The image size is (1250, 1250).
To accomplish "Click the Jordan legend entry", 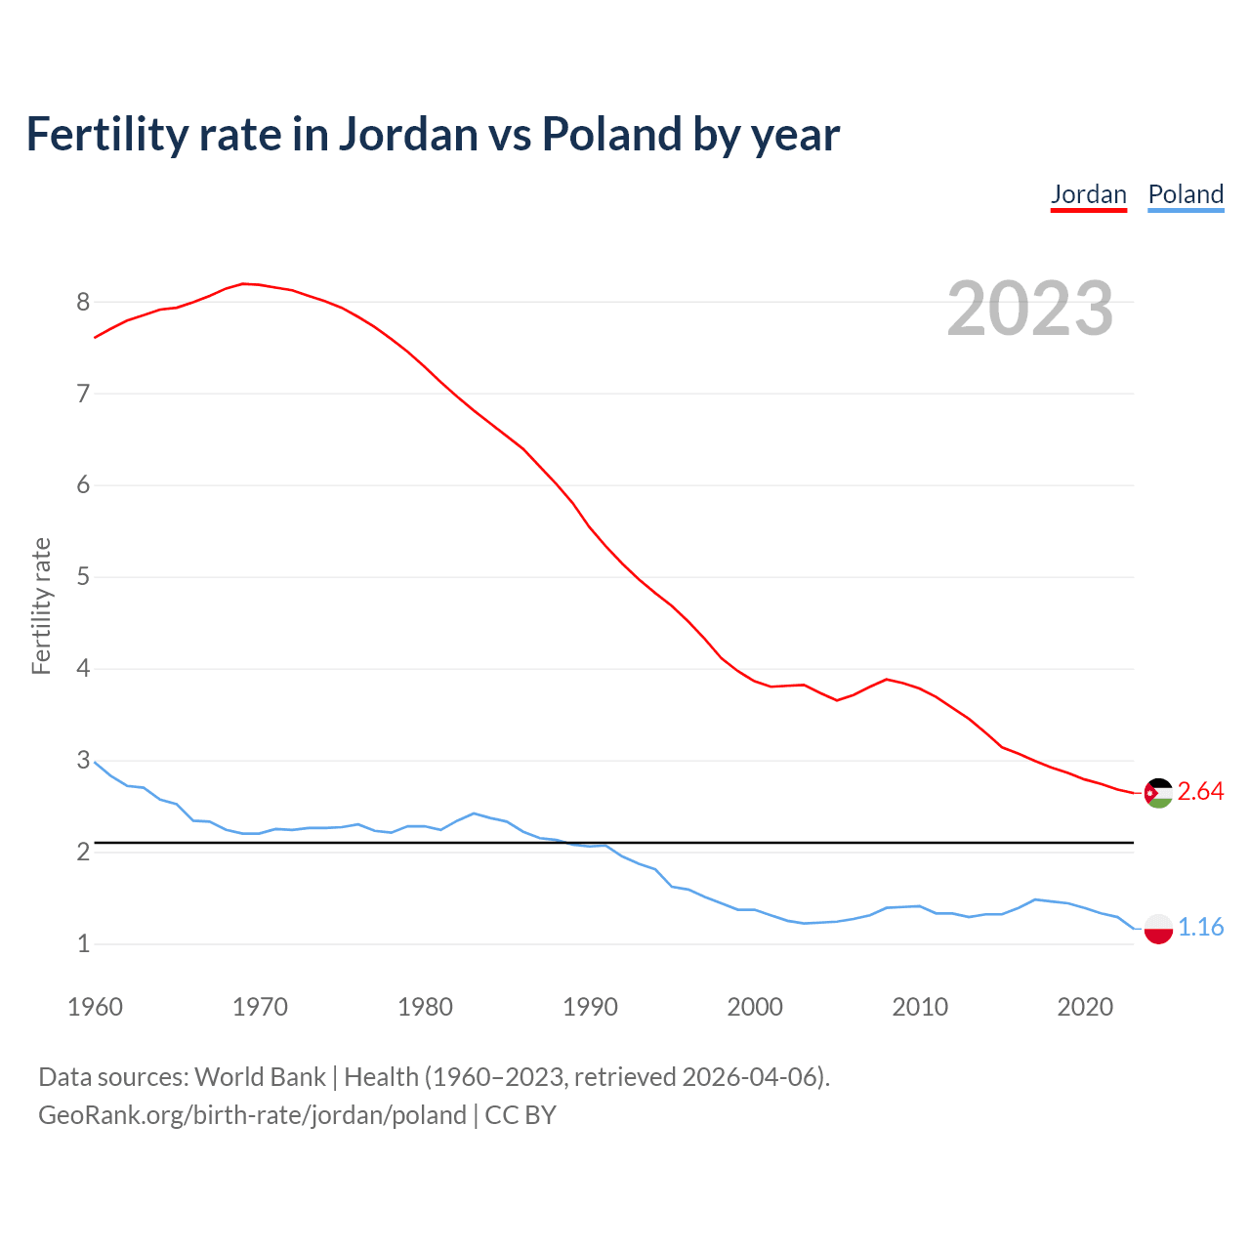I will [1088, 194].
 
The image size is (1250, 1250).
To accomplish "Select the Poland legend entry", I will [1186, 194].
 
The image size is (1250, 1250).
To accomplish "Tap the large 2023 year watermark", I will [1030, 309].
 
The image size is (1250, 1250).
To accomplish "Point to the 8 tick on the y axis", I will [83, 302].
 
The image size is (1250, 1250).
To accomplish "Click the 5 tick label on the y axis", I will [83, 577].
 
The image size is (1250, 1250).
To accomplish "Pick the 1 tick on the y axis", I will [83, 944].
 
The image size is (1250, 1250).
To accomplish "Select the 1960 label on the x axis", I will [95, 1007].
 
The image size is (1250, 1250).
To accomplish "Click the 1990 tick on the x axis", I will [590, 1007].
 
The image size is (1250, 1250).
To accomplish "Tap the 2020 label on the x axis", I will [1085, 1007].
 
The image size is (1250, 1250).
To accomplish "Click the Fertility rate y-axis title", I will [41, 605].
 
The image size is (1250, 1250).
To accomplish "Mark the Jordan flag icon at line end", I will [1158, 793].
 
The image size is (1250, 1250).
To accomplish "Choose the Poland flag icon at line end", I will [1158, 928].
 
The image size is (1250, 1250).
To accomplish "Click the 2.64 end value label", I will [1200, 792].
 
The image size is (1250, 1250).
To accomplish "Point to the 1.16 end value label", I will [1200, 927].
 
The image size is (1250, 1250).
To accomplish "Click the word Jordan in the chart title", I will [409, 135].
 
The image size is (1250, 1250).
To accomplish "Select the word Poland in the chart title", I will [611, 135].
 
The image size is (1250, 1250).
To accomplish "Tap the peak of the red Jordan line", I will [243, 283].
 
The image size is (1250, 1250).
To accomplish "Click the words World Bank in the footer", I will [260, 1077].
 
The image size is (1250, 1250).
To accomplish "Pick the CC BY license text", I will [521, 1115].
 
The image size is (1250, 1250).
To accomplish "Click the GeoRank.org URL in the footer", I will [252, 1115].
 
